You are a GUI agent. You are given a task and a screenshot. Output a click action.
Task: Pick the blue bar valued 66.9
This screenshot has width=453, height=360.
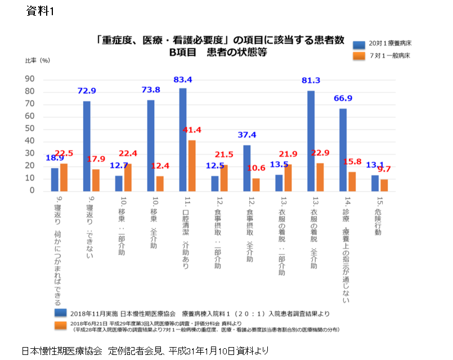pos(343,150)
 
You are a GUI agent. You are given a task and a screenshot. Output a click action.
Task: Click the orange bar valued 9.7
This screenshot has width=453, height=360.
pos(384,185)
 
